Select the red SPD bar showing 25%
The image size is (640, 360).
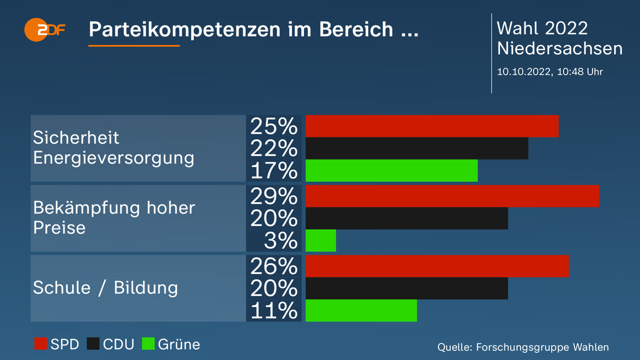pos(431,126)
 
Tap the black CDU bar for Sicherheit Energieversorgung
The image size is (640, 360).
pos(416,148)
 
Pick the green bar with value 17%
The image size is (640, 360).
pos(391,170)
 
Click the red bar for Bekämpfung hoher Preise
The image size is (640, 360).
pos(452,196)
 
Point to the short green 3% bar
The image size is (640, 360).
pos(320,240)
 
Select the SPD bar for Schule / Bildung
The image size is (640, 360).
pos(437,266)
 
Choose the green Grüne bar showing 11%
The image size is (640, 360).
pos(361,310)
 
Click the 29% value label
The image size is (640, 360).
pos(274,196)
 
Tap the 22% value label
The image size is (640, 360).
pos(274,148)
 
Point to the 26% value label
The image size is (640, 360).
pos(274,266)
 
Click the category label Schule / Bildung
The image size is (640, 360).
pos(105,288)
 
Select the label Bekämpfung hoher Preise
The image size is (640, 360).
pos(114,217)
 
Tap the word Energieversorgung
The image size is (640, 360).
pos(113,158)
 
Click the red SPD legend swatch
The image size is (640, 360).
pos(40,344)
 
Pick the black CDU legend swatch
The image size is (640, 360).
pos(93,344)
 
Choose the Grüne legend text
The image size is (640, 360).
pos(179,344)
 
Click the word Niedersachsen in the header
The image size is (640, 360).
pos(559,48)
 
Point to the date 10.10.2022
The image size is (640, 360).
pos(523,71)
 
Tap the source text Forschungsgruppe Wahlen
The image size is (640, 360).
pos(542,347)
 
